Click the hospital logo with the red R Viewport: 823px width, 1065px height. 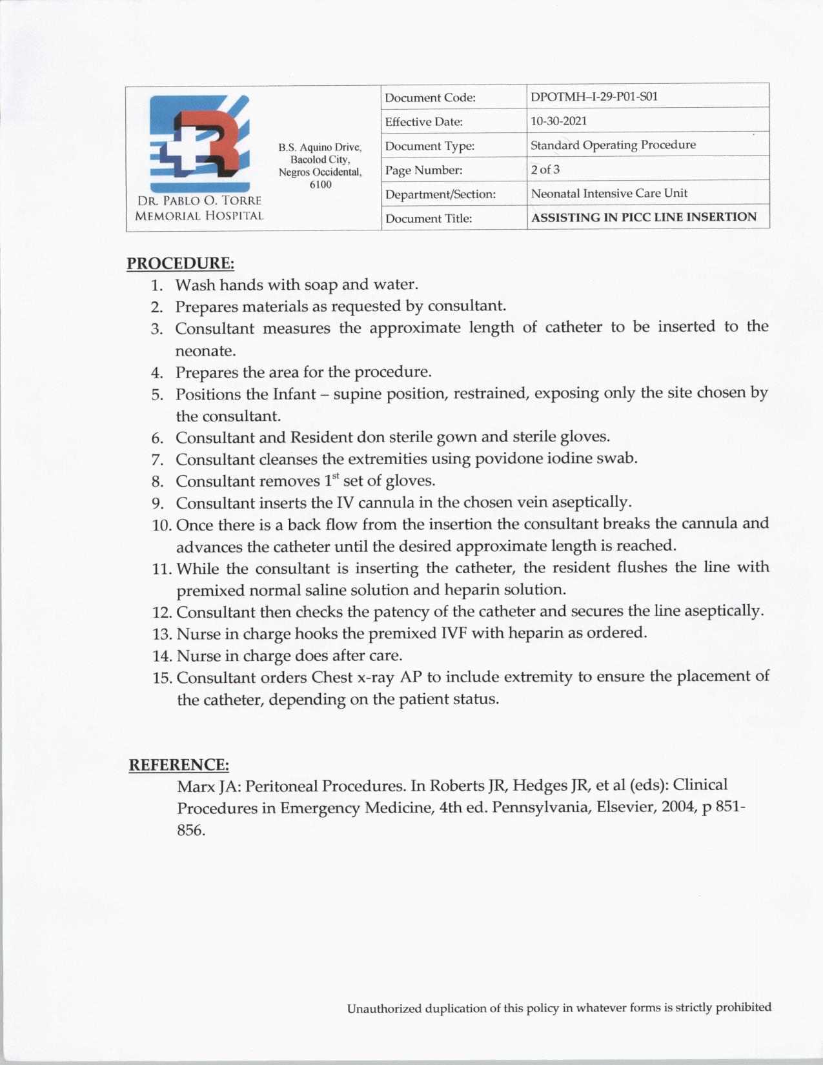tap(199, 136)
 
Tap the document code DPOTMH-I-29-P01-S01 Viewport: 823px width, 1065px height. tap(594, 97)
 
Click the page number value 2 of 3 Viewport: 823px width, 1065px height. tap(545, 170)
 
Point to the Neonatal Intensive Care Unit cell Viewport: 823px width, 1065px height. tap(609, 193)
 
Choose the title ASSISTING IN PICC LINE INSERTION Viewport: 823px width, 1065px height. tap(644, 218)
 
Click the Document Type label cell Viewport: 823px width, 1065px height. tap(430, 146)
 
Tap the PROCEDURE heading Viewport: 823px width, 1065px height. tap(180, 263)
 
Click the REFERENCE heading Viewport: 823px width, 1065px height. tap(179, 765)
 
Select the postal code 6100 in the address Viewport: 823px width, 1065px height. tap(320, 185)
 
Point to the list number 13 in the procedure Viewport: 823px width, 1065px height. tap(161, 634)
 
